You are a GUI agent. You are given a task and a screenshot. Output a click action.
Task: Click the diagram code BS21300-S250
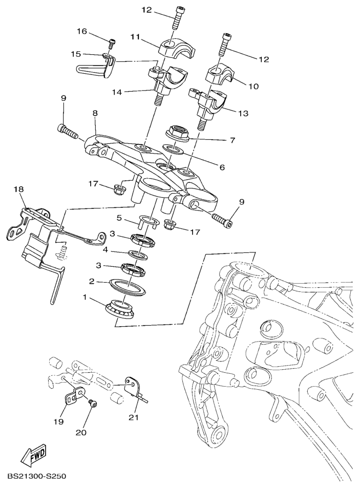click(x=37, y=476)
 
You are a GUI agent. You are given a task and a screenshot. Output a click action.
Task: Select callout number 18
click(x=19, y=189)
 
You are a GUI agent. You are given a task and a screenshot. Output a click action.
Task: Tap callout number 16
click(x=82, y=31)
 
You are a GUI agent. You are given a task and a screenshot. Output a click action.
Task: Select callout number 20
click(x=81, y=432)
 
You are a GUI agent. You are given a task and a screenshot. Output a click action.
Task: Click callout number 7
click(x=232, y=140)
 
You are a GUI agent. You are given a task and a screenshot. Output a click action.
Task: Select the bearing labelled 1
click(x=120, y=309)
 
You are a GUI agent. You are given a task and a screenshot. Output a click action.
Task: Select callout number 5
click(x=118, y=218)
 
